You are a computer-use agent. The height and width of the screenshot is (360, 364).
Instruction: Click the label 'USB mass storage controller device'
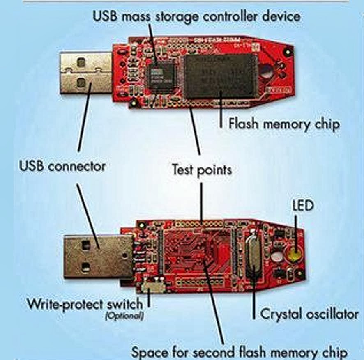(x=196, y=16)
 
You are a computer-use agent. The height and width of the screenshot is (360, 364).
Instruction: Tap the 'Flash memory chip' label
(x=284, y=124)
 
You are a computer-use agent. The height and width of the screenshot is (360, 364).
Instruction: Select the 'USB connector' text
(x=62, y=167)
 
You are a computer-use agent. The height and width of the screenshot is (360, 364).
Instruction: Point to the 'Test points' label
(x=201, y=170)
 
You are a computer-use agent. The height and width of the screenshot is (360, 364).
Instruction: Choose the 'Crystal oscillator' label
(x=309, y=314)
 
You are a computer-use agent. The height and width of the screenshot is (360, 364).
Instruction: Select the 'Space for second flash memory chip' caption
(x=239, y=352)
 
